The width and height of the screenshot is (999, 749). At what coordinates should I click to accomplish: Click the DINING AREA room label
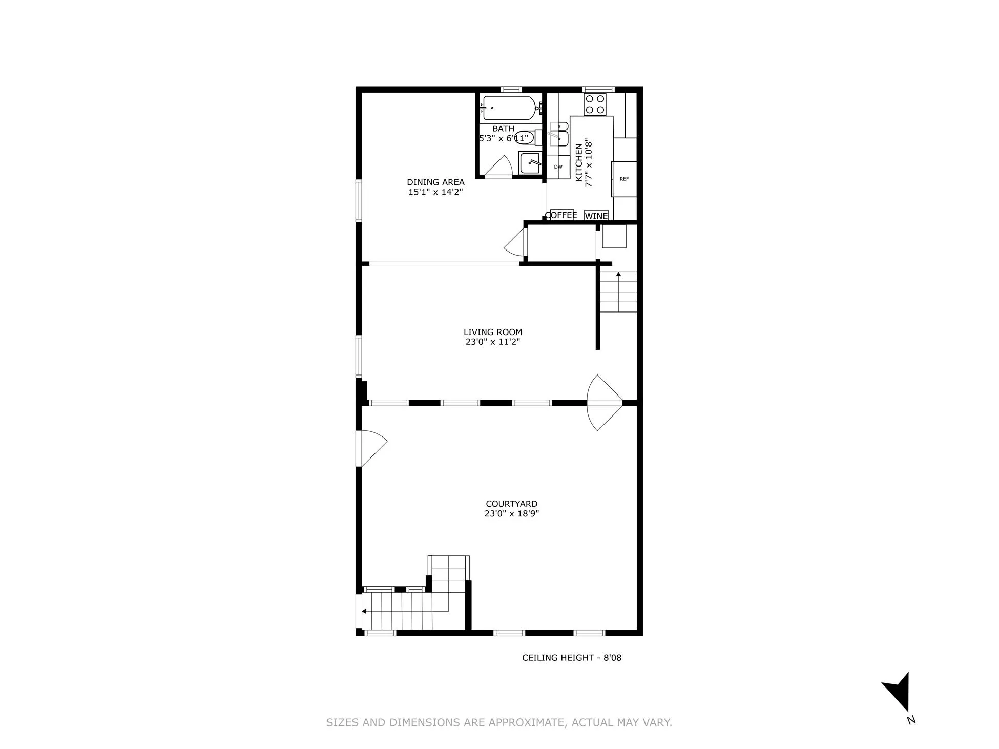(x=435, y=182)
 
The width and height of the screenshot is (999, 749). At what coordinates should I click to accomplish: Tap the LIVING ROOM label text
(x=492, y=332)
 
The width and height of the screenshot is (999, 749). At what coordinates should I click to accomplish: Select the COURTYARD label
(x=511, y=504)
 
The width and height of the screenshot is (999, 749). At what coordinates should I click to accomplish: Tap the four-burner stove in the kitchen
(x=595, y=105)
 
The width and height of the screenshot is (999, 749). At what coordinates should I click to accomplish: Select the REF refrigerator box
(x=624, y=179)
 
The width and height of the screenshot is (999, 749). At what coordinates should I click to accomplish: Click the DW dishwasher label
(x=558, y=167)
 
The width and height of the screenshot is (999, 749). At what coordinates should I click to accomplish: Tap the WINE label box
(x=596, y=216)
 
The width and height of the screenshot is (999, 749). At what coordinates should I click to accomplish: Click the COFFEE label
(x=561, y=215)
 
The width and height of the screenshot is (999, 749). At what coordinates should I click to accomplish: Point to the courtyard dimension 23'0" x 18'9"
(x=511, y=514)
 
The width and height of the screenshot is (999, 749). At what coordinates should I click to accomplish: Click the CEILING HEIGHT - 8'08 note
(x=571, y=658)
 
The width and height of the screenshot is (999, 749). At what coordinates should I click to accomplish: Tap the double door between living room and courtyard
(x=605, y=403)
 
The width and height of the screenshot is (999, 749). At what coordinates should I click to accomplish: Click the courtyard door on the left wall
(x=371, y=448)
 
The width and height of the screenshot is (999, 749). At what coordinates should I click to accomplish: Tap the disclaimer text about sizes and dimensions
(x=499, y=723)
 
